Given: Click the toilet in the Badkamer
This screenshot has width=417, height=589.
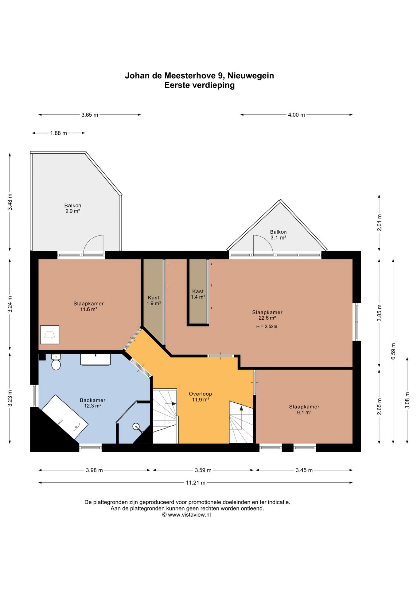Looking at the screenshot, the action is (x=56, y=362).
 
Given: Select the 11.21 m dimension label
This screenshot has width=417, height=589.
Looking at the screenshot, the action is (x=196, y=483).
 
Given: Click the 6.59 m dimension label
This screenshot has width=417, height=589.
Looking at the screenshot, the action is (x=393, y=351).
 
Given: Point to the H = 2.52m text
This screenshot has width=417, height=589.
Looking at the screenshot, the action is (x=267, y=326).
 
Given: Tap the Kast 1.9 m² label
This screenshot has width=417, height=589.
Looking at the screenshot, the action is (x=154, y=300).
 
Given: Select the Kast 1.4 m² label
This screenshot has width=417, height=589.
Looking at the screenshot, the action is (x=198, y=294).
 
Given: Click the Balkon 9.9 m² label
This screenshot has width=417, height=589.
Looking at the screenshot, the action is (x=73, y=208).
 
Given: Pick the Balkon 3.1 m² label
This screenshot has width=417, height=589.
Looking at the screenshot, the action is (x=279, y=235).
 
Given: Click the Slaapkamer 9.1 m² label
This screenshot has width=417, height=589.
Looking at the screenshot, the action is (x=304, y=410).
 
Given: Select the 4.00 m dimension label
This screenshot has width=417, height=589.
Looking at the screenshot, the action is (x=296, y=115).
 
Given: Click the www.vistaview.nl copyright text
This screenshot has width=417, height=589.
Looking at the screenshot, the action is (x=186, y=515).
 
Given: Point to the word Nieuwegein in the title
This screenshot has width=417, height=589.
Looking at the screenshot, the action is (x=251, y=75).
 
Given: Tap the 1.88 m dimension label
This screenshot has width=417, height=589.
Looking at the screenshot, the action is (x=59, y=133).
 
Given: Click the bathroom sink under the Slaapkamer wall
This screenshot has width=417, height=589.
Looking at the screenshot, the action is (x=95, y=360).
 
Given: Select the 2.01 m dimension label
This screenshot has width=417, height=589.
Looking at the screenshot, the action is (x=380, y=223).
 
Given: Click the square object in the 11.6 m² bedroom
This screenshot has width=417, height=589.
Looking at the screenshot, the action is (x=50, y=335).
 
